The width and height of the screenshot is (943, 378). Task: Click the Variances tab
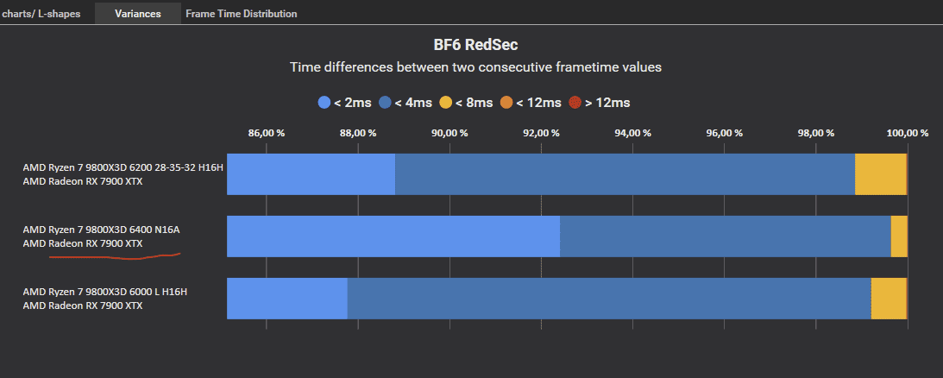click(x=137, y=14)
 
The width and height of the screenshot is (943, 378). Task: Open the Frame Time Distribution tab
click(x=241, y=14)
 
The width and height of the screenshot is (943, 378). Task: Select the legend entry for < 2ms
click(x=345, y=103)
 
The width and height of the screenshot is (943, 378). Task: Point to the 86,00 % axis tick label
click(x=266, y=133)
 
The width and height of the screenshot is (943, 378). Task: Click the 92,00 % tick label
click(x=541, y=133)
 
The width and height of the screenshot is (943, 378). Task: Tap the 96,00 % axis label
click(x=724, y=133)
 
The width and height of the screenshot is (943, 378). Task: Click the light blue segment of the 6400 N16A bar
click(x=393, y=236)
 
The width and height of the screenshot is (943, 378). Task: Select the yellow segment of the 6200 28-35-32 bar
click(x=880, y=174)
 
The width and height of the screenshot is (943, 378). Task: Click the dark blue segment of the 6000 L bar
click(x=608, y=299)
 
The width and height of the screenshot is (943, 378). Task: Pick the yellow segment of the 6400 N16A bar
click(x=899, y=236)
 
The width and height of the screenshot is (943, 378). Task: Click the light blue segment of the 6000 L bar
click(x=286, y=299)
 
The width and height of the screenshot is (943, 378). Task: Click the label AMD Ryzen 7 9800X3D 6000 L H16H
click(x=104, y=292)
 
